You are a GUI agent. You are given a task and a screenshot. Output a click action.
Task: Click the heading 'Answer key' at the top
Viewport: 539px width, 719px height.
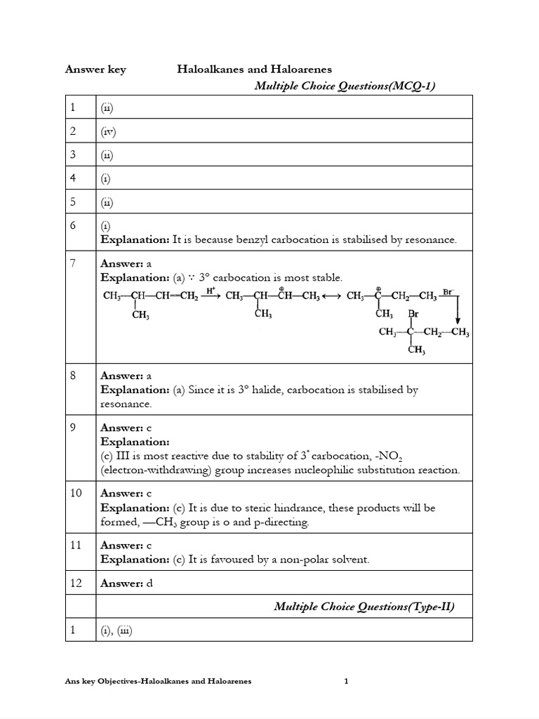[95, 70]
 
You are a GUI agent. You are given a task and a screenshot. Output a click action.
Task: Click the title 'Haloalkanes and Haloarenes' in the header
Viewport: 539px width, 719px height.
[253, 70]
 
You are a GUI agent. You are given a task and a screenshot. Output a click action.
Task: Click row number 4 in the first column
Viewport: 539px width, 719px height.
[73, 178]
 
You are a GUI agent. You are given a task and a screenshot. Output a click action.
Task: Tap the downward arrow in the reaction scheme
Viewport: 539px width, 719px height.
[458, 307]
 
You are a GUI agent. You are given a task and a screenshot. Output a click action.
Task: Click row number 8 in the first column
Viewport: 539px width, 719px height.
[73, 376]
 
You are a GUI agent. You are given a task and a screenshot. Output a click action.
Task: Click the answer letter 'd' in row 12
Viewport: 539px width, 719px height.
[149, 583]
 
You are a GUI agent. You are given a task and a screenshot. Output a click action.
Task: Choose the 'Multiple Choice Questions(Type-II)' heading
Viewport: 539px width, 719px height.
[364, 607]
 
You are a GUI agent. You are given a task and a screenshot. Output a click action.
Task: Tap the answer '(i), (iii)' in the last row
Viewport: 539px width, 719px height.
[117, 631]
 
